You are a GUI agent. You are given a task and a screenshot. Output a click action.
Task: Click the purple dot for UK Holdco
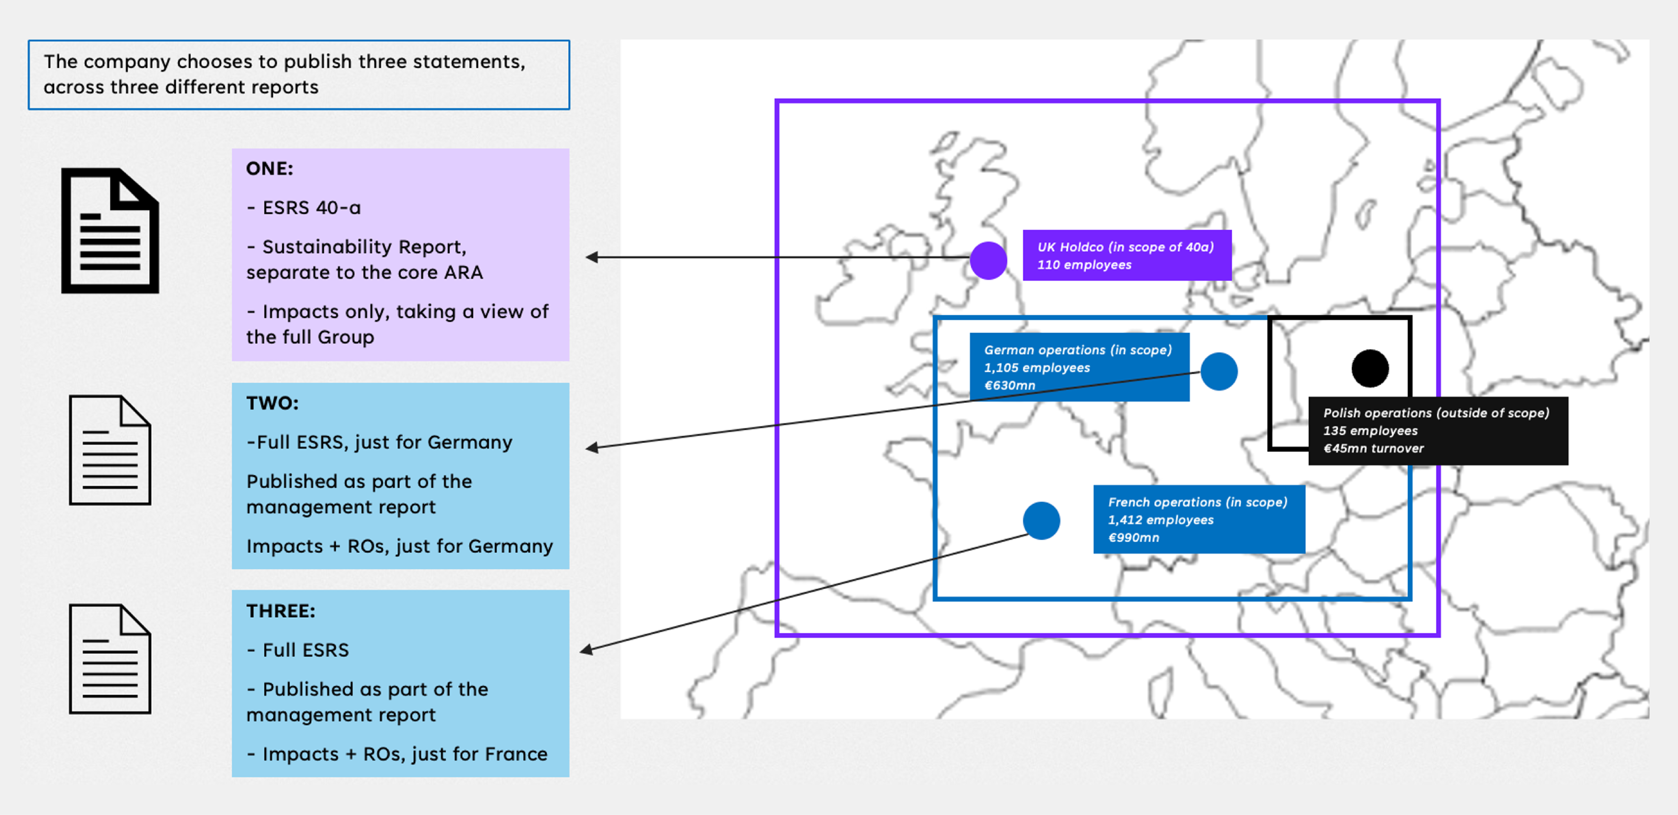[x=988, y=260]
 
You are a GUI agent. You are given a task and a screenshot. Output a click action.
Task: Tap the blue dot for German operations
[x=1219, y=371]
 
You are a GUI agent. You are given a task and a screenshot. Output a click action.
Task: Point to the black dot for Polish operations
[x=1370, y=368]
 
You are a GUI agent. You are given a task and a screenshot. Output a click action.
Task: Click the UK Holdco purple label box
[x=1127, y=255]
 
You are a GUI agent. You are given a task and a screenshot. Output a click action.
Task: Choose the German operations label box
[x=1079, y=367]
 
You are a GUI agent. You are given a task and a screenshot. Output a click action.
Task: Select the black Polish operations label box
[x=1438, y=431]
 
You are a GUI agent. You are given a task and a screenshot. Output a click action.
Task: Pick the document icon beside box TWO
[x=110, y=450]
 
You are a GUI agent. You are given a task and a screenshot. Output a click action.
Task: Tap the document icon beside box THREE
[x=110, y=659]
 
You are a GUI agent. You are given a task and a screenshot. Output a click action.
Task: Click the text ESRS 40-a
[x=311, y=208]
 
